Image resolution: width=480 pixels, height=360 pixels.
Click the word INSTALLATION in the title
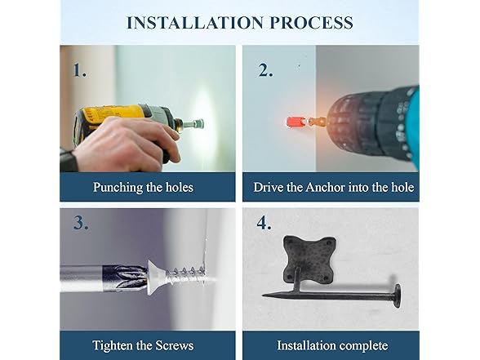pos(195,23)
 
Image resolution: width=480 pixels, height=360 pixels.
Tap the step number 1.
pos(80,70)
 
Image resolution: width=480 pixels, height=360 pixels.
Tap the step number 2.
pos(264,70)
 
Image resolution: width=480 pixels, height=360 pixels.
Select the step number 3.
pos(81,223)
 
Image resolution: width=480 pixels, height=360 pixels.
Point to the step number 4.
pos(264,223)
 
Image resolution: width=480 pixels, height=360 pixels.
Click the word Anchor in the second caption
pos(326,187)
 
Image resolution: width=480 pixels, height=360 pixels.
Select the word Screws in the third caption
pos(175,345)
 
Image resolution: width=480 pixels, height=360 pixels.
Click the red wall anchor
pos(295,122)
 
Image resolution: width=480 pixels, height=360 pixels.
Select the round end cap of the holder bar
pos(397,296)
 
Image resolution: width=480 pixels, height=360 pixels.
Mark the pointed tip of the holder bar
pos(263,296)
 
